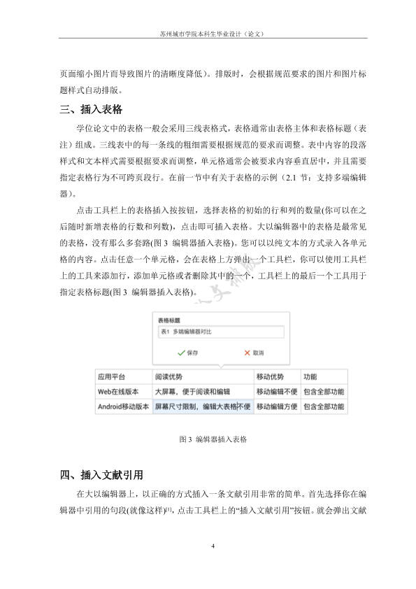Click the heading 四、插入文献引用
point(101,476)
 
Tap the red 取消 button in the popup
point(253,353)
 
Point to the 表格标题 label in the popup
point(171,319)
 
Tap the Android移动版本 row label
point(123,406)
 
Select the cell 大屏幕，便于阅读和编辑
point(192,392)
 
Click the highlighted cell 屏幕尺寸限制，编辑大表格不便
point(202,406)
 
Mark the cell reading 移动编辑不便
point(277,392)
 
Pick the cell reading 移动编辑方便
point(277,406)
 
